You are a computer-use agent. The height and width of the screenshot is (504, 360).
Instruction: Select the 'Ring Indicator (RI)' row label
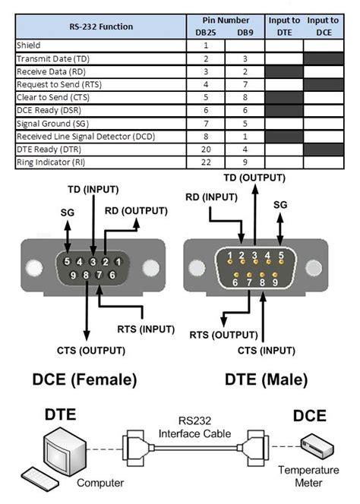pyautogui.click(x=49, y=162)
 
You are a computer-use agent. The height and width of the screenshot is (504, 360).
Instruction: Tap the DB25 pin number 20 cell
pyautogui.click(x=205, y=149)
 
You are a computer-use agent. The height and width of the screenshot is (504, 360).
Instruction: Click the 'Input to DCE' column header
pyautogui.click(x=324, y=26)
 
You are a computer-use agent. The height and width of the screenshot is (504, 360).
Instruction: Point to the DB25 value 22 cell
pyautogui.click(x=205, y=162)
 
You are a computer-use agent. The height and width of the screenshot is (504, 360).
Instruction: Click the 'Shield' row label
pyautogui.click(x=29, y=46)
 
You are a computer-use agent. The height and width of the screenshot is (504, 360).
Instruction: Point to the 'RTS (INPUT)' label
pyautogui.click(x=146, y=329)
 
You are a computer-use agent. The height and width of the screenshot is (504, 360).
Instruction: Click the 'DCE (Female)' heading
pyautogui.click(x=84, y=380)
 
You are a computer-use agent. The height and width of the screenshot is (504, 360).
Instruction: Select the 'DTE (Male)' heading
pyautogui.click(x=266, y=380)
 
